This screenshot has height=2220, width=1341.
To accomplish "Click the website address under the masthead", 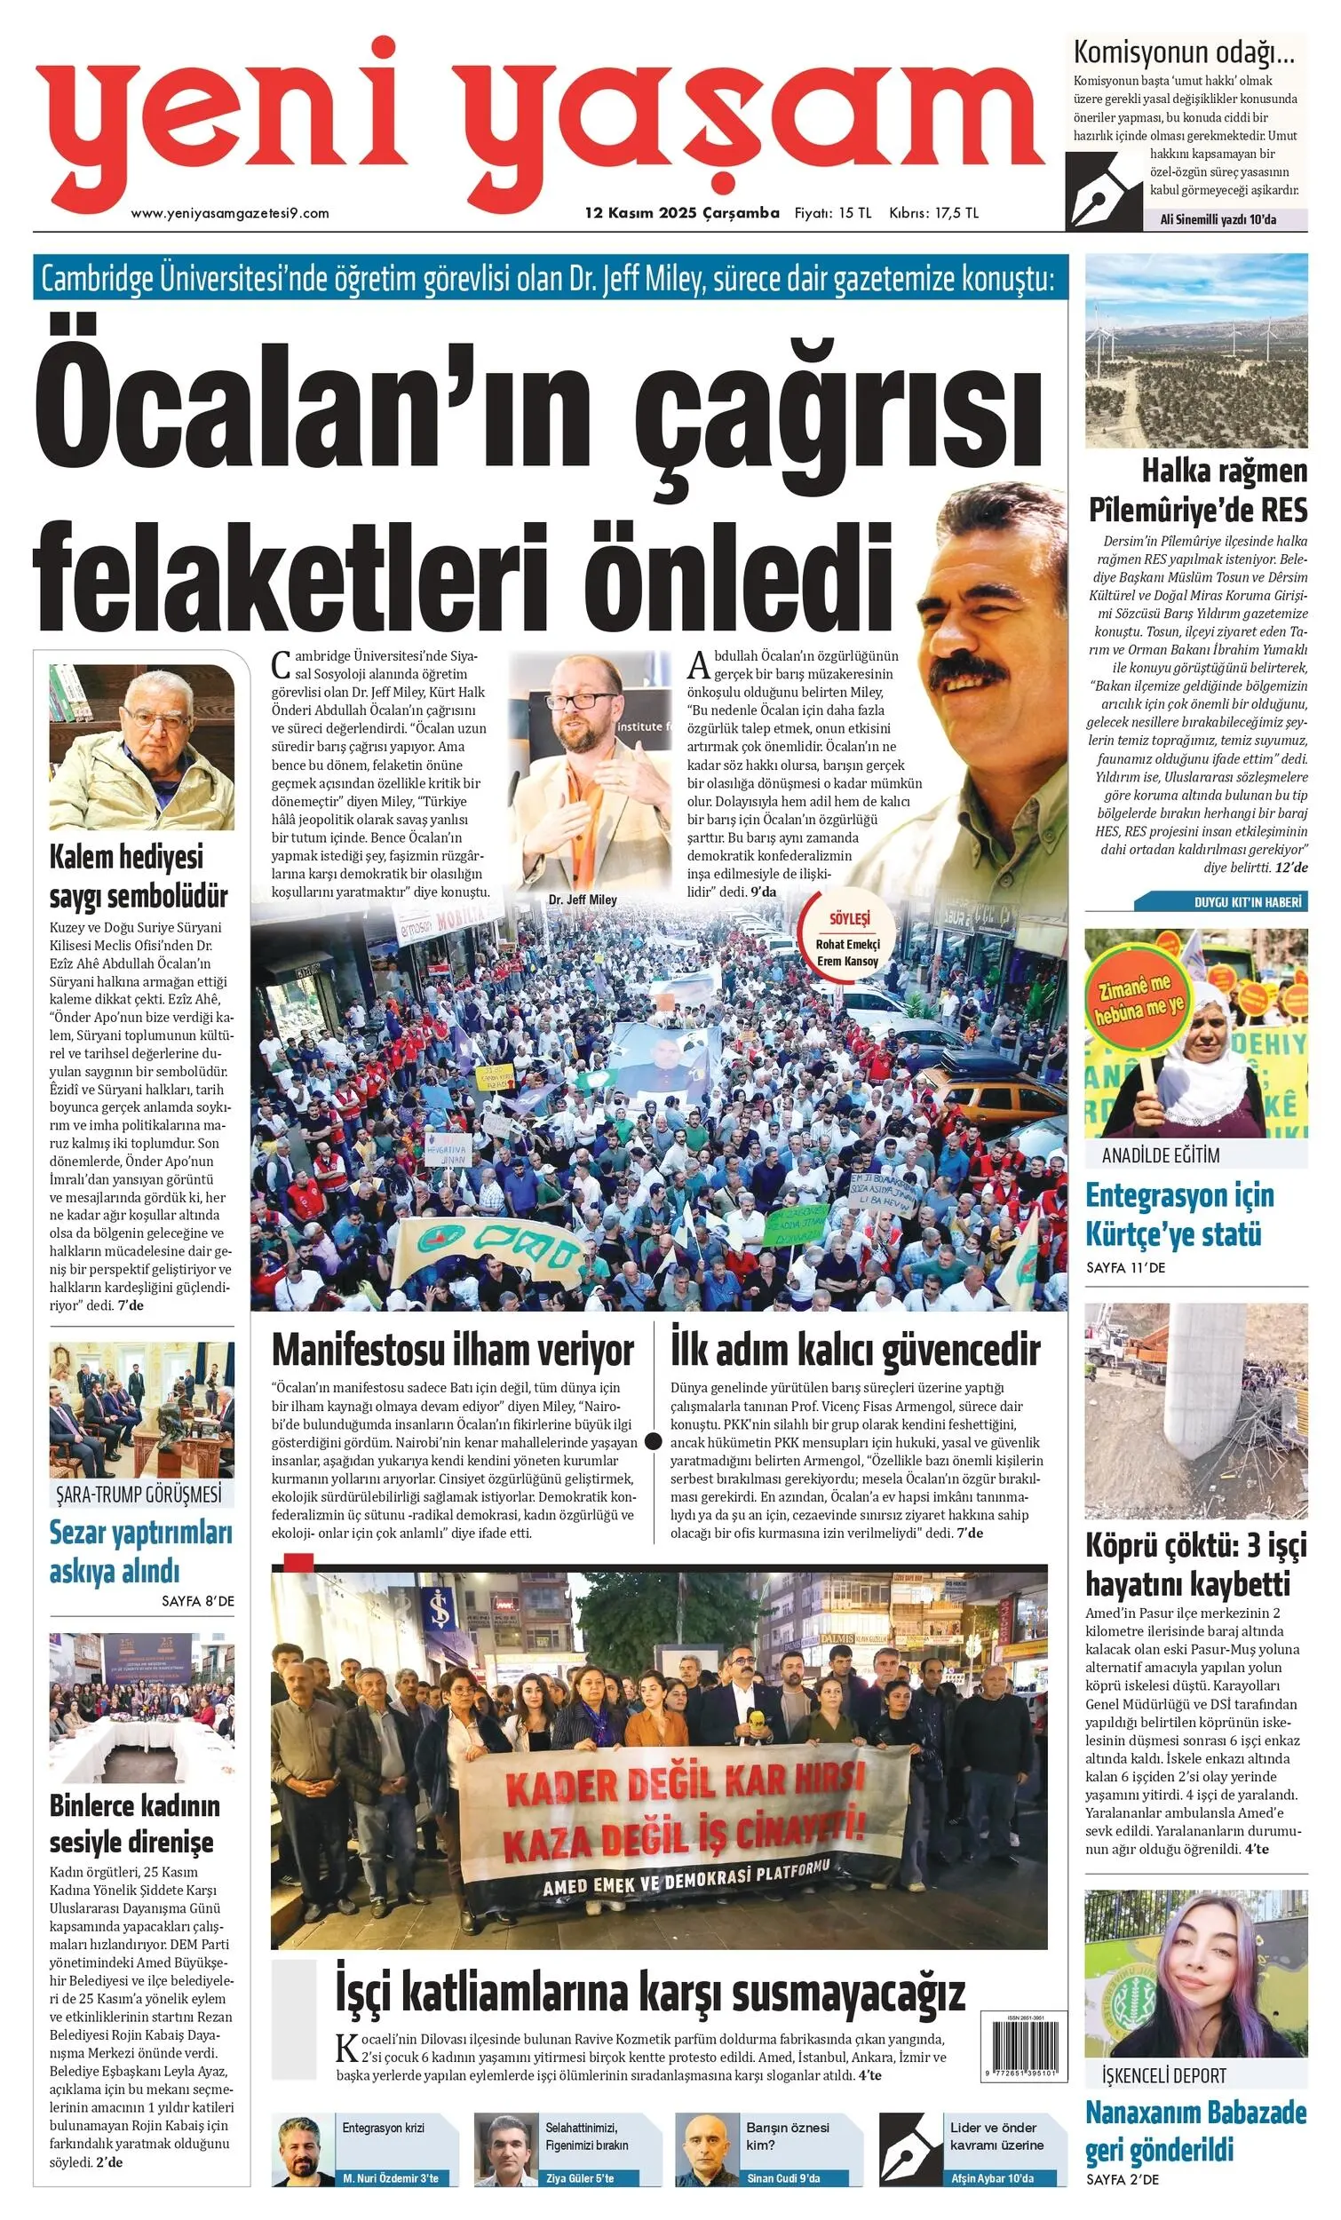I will click(230, 213).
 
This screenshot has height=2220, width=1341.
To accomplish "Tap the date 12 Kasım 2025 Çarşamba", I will click(681, 213).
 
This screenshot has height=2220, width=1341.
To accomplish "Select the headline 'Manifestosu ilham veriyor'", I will click(452, 1351).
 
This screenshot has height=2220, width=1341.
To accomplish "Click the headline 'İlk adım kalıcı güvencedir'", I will click(854, 1351).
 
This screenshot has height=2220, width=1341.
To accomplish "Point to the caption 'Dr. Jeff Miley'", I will click(583, 900).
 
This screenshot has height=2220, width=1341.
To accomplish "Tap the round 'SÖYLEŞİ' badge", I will click(847, 939).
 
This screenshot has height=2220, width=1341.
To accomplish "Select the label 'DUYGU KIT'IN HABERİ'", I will click(1247, 902).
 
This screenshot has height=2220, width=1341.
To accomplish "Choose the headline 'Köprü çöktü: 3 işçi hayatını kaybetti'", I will click(1195, 1565).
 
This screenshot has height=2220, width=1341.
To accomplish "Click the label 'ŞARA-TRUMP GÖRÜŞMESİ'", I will click(139, 1495).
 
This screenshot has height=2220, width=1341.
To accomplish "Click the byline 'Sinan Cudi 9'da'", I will click(782, 2197).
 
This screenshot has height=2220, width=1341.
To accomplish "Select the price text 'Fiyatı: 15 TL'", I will click(833, 213).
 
